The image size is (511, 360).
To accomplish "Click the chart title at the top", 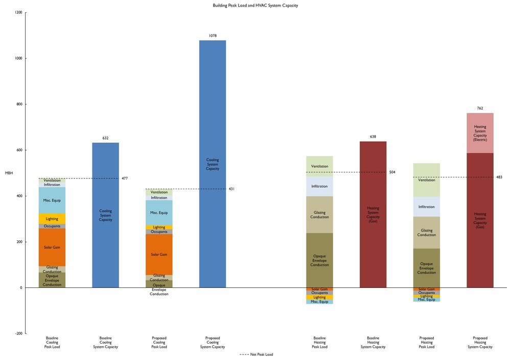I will pos(255,5).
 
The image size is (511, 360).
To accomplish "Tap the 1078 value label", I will pos(213,36).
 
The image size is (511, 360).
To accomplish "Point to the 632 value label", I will pos(105,138).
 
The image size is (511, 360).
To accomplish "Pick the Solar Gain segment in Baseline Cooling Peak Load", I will pos(52,247).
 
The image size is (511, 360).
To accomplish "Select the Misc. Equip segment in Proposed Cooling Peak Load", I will pos(159,213).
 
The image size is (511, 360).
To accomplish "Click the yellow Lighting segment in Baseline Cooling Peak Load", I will pos(52,218).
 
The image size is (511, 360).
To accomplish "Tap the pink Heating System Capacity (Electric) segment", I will pos(480,133).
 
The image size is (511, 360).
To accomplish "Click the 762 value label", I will pos(480,108).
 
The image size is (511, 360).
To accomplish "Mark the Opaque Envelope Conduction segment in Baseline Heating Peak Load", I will pos(319,260).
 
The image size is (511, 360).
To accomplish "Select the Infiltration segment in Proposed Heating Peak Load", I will pos(427,207).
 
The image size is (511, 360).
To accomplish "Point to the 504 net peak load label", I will pos(392,172).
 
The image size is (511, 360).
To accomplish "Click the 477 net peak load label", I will pos(125,178).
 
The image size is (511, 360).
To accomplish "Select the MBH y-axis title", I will pos(9,173).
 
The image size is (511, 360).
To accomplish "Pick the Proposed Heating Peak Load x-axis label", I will pos(427,342).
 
